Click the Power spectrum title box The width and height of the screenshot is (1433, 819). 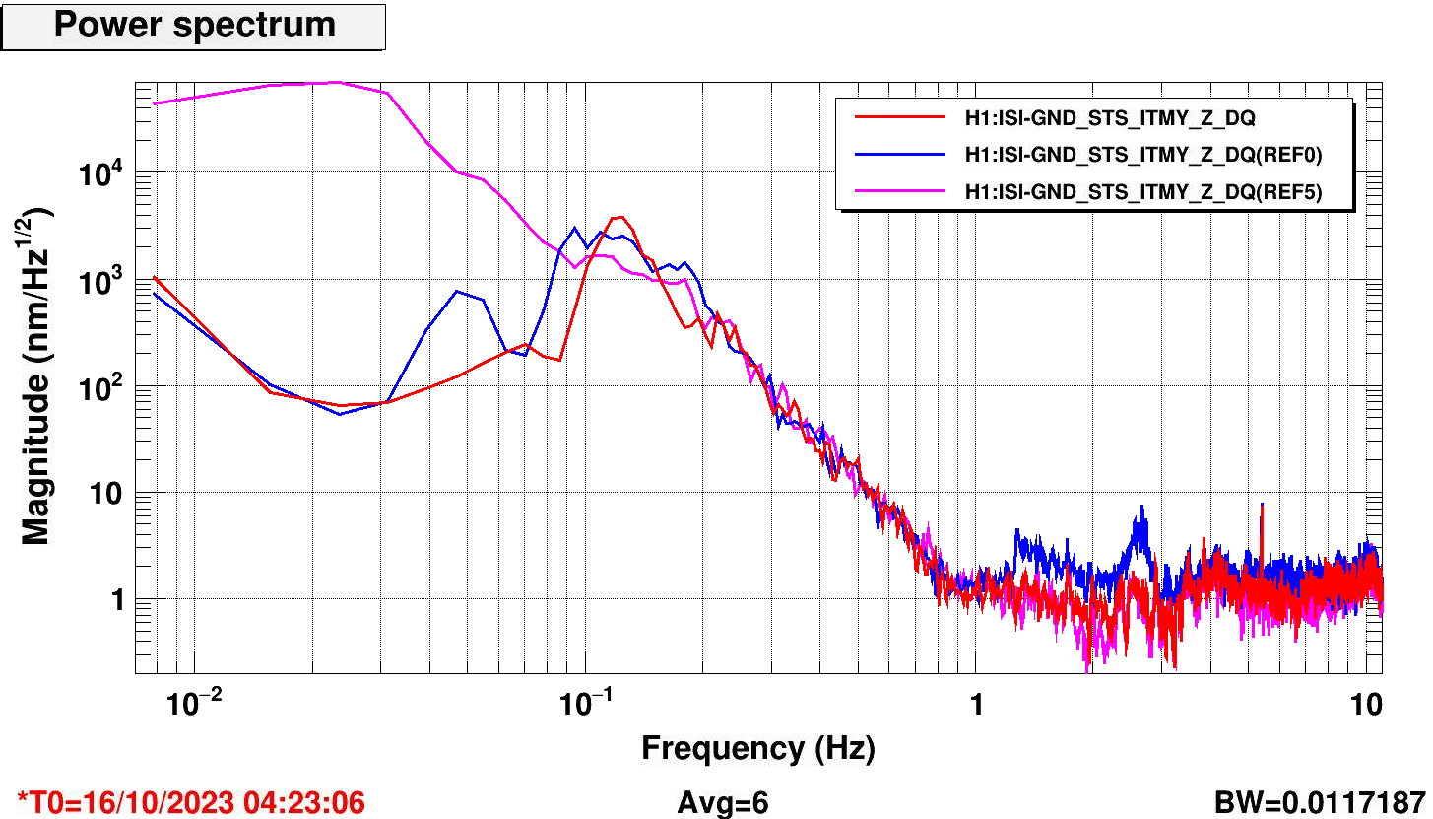point(194,26)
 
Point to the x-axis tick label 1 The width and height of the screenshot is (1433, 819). point(976,706)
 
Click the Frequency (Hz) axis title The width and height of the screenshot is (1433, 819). point(757,749)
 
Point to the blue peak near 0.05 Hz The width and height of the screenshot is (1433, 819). point(457,291)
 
